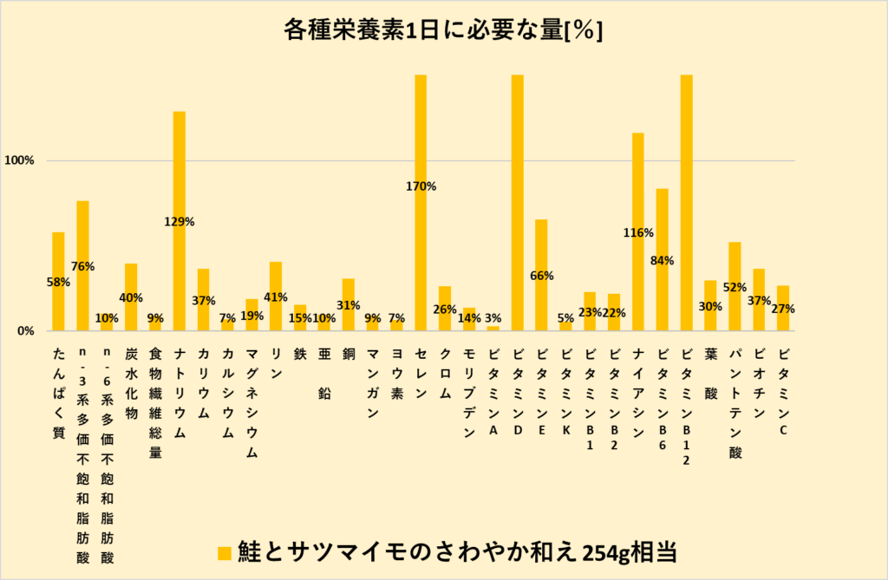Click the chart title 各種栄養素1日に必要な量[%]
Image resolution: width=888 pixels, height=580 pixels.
[443, 31]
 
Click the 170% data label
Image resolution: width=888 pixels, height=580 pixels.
[421, 186]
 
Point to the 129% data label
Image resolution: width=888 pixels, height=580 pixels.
[180, 222]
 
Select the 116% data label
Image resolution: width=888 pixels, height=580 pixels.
[637, 232]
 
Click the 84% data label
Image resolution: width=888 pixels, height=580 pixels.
[663, 260]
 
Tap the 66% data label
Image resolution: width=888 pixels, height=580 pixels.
[542, 276]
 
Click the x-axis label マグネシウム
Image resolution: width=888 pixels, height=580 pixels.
[251, 403]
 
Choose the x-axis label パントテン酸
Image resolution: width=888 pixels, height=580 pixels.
[735, 403]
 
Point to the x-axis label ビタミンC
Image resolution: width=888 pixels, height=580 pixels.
[783, 378]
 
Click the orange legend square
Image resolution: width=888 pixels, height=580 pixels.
[224, 552]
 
